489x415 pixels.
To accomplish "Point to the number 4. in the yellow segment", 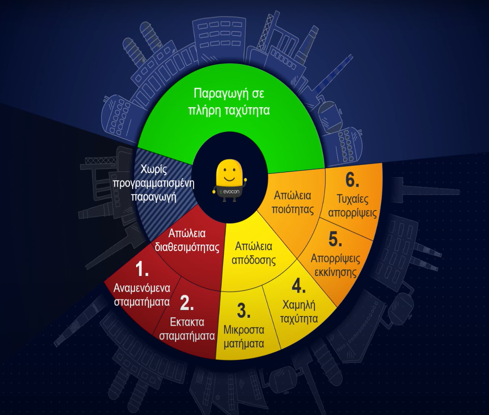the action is click(298, 286).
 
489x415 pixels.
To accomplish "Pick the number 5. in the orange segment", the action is click(335, 240).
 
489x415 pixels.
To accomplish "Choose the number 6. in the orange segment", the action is click(352, 180).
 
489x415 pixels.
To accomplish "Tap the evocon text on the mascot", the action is click(228, 191).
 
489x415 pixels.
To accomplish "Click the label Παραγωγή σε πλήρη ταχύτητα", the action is click(229, 102).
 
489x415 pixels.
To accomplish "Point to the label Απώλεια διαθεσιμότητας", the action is click(187, 240).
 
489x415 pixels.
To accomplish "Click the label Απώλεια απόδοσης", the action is click(253, 253).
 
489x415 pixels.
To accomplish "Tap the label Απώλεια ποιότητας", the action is click(293, 202).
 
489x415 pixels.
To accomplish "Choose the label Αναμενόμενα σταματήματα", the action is click(142, 295).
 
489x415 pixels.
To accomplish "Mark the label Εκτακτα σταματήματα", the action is click(187, 329).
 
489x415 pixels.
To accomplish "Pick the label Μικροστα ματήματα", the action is click(243, 336).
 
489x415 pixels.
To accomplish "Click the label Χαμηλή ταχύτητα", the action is click(299, 311).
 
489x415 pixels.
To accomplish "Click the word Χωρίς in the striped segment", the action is click(154, 170).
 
